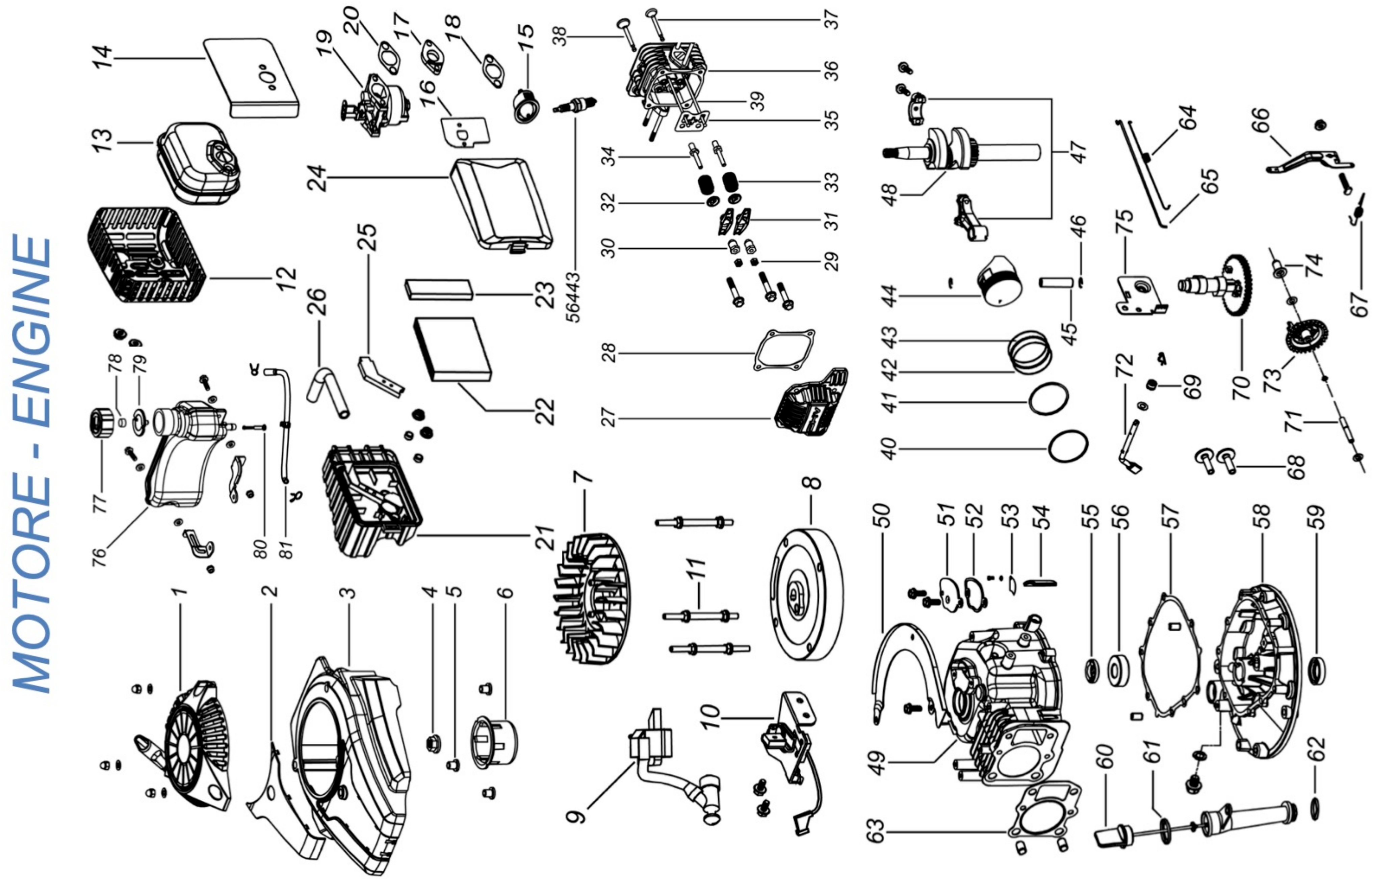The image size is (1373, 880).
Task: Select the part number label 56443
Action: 574,297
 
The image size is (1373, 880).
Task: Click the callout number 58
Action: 1265,517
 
